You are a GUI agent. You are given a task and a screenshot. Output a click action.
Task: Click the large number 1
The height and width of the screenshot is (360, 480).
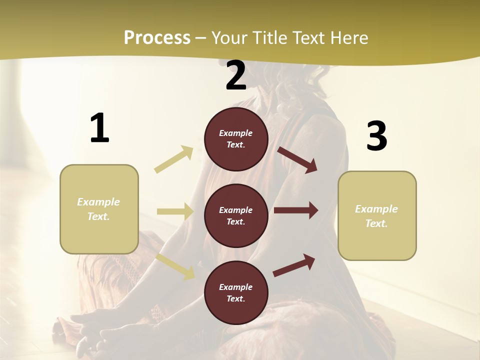coord(99,128)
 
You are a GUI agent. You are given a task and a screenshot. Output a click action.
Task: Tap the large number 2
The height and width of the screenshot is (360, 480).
coord(236,75)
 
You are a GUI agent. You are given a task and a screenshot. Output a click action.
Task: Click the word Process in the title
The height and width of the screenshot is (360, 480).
coord(157,37)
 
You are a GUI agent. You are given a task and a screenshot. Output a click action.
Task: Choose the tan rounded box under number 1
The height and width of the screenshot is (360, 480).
coord(99,209)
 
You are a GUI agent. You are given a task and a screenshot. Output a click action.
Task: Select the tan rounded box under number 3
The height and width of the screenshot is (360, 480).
coord(377,215)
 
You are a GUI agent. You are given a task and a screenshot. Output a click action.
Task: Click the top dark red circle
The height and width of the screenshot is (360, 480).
coord(236,139)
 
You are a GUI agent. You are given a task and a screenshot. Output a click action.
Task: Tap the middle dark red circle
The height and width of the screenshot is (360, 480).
coord(236,215)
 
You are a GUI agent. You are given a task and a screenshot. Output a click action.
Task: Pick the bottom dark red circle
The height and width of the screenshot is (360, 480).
coord(236,292)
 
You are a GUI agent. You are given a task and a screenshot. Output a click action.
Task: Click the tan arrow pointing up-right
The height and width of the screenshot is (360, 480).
coord(174,159)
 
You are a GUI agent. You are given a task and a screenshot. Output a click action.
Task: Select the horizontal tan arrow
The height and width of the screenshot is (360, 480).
coord(175,211)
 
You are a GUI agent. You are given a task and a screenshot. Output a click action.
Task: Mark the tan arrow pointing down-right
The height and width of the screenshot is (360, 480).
coord(175,266)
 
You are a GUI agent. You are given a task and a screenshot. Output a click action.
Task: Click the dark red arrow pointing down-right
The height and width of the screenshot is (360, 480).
coord(297,159)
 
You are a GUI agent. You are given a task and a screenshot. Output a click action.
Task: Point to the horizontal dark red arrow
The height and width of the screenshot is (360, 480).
coord(296,210)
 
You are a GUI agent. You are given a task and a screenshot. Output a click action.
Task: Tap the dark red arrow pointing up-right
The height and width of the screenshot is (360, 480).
coord(294,265)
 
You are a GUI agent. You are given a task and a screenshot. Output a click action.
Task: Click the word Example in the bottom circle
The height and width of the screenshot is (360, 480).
coord(236,287)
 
